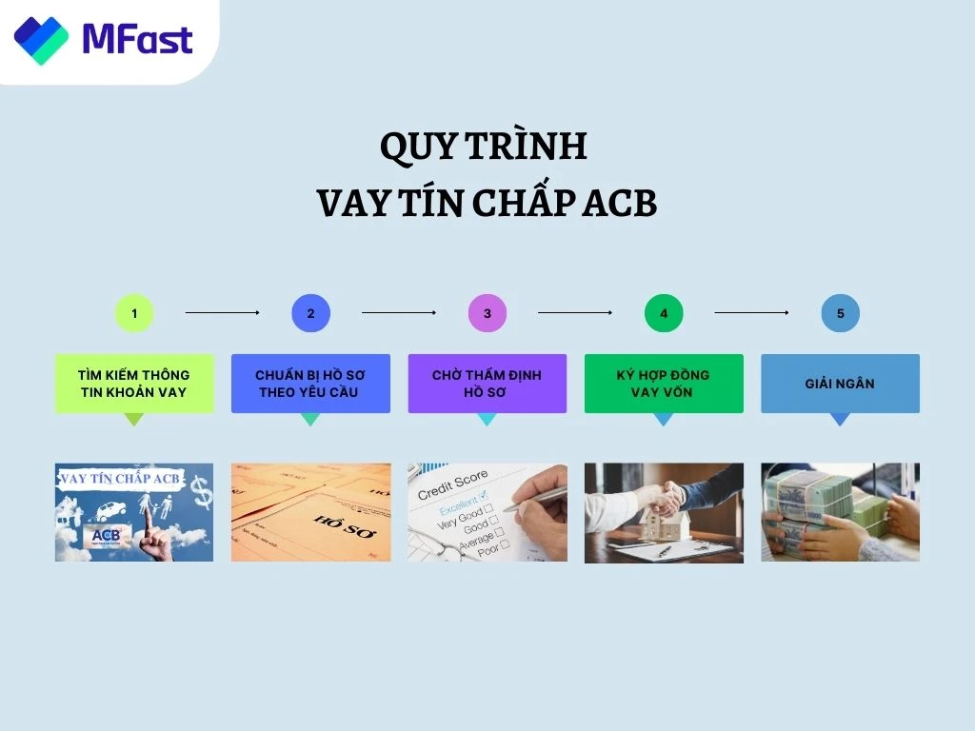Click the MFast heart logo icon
(x=41, y=39)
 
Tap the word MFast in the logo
(x=137, y=39)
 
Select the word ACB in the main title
(x=619, y=204)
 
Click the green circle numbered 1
(x=134, y=313)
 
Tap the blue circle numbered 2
(x=310, y=313)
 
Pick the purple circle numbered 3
(x=487, y=313)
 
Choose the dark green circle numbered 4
(x=664, y=313)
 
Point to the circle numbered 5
(x=840, y=313)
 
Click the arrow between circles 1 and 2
(x=223, y=312)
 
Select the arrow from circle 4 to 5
(x=751, y=312)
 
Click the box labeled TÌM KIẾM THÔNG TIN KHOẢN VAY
(x=134, y=384)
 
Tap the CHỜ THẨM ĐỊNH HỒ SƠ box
(x=487, y=384)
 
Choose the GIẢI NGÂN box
(x=840, y=384)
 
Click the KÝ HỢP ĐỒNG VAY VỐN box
(x=664, y=384)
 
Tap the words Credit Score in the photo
(x=453, y=483)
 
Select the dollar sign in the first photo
(x=201, y=490)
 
